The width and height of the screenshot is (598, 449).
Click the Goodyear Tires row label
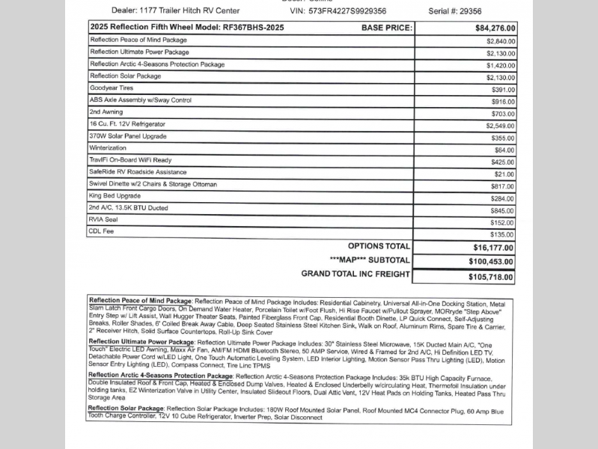click(112, 88)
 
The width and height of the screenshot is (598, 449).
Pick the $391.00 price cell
click(503, 89)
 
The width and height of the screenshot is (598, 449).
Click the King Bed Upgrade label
click(115, 196)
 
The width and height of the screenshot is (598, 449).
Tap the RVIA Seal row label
click(104, 220)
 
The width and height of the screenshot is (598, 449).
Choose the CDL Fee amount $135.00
click(502, 234)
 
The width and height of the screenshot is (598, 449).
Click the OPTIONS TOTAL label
click(379, 246)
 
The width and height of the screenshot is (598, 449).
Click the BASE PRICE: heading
click(386, 28)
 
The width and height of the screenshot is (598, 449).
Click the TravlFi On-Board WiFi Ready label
click(130, 159)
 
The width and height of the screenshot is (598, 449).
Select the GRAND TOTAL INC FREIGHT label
click(356, 274)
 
